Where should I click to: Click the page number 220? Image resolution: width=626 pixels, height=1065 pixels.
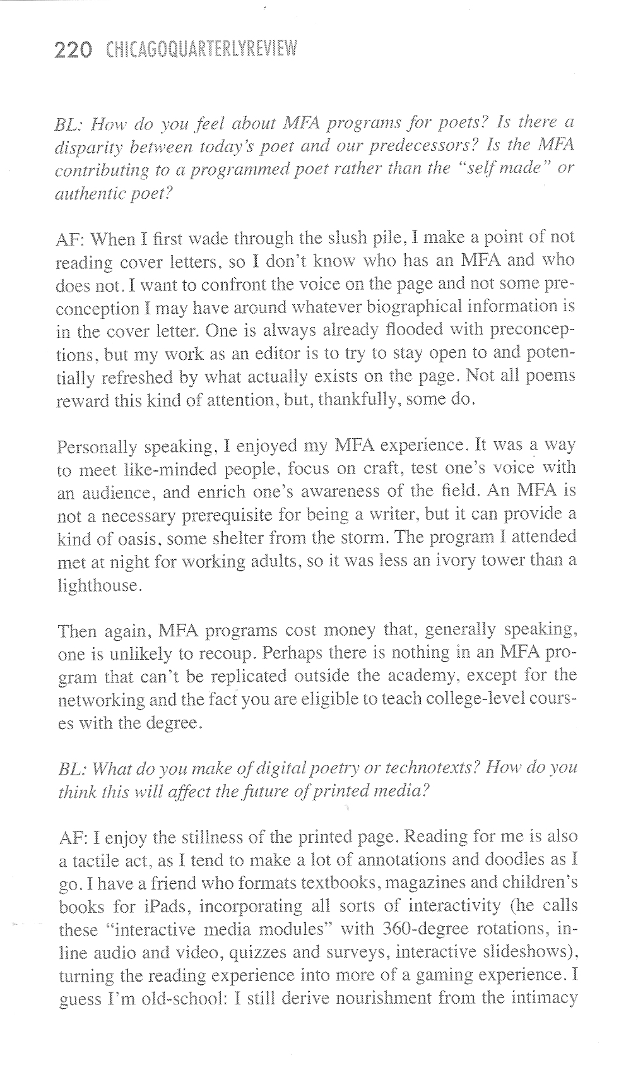click(x=74, y=49)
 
